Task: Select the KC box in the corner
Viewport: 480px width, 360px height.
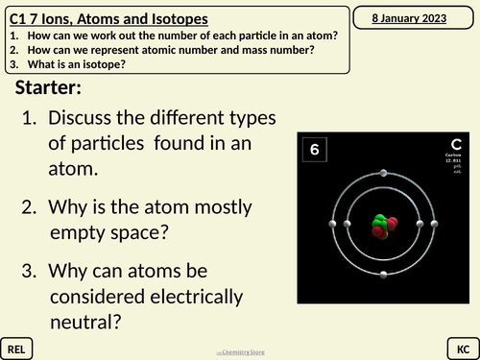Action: (x=461, y=345)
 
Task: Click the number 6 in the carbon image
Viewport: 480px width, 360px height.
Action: (x=315, y=150)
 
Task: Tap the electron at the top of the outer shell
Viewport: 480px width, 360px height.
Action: (x=384, y=173)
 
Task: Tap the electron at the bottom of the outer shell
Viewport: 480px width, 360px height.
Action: (x=384, y=276)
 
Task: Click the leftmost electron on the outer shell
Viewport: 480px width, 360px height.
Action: (x=332, y=224)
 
